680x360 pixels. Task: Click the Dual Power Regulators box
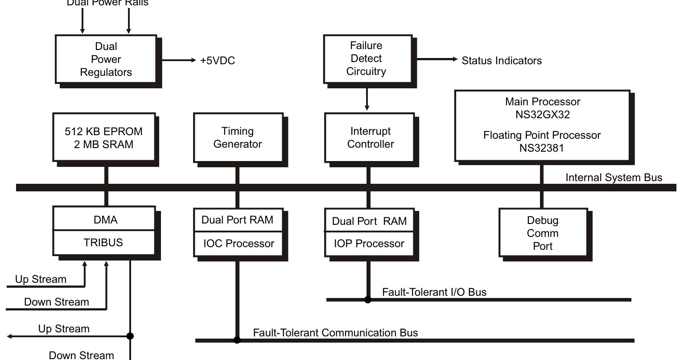[x=106, y=59]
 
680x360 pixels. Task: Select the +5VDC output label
[x=217, y=61]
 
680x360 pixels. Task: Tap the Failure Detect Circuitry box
[x=367, y=58]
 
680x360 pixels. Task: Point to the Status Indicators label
[x=501, y=61]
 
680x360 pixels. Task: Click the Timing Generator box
[x=238, y=137]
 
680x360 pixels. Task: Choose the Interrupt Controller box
[x=370, y=137]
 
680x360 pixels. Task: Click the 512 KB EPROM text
[x=103, y=132]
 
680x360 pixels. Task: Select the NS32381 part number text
[x=541, y=148]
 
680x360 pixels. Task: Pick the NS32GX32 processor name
[x=542, y=114]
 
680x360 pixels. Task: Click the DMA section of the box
[x=106, y=219]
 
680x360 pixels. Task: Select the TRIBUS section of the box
[x=103, y=243]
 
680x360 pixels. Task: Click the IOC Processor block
[x=239, y=244]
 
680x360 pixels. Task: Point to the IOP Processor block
[x=369, y=244]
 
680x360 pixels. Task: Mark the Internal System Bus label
[x=614, y=178]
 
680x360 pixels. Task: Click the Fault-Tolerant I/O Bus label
[x=434, y=292]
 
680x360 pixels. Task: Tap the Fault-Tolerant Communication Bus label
[x=335, y=333]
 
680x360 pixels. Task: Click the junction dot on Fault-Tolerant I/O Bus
[x=367, y=300]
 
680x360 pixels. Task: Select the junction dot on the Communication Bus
[x=237, y=340]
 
